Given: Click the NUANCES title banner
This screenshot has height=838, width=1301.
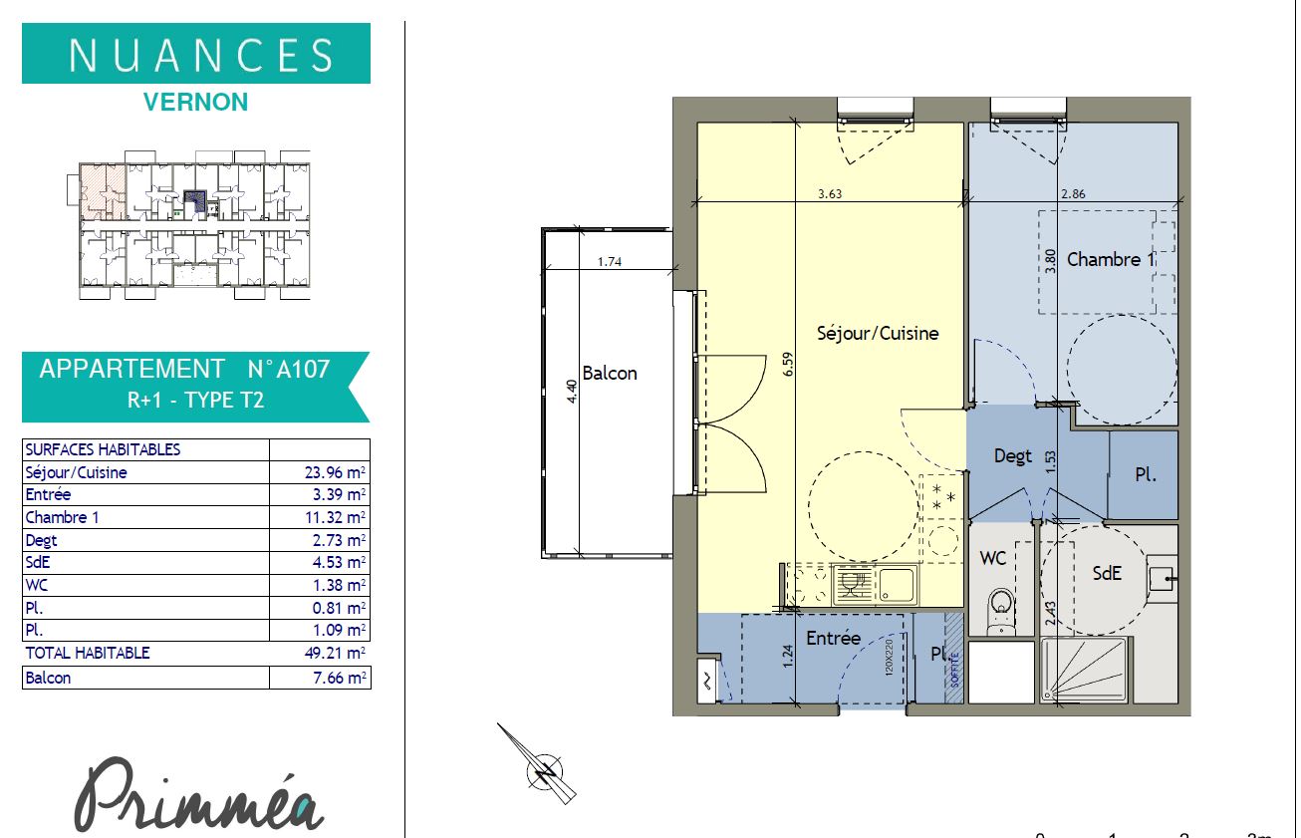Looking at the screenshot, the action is [x=196, y=54].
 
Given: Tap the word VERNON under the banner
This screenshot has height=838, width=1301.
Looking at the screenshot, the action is [x=195, y=103].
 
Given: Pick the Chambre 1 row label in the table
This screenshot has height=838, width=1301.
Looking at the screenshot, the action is [x=62, y=517].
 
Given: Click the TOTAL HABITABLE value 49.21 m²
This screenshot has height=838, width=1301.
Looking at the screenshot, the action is [x=335, y=653].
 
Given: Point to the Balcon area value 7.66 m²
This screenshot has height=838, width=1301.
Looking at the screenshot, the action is [x=340, y=678].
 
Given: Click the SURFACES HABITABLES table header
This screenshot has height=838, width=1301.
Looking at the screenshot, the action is [x=103, y=449].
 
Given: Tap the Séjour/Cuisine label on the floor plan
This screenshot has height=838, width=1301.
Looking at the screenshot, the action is [x=878, y=333].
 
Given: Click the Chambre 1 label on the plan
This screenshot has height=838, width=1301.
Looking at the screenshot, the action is [x=1111, y=259].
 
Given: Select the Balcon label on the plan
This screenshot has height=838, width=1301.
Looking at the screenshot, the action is [x=610, y=373].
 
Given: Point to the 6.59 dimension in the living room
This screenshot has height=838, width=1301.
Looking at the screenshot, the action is [x=788, y=364].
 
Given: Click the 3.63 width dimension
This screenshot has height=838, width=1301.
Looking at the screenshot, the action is [x=830, y=193].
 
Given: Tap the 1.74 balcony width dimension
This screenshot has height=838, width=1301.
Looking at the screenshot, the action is [x=610, y=261].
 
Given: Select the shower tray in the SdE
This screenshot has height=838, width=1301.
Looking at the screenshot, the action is [x=1084, y=670].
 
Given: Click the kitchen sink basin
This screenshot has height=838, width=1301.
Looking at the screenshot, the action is [x=897, y=584].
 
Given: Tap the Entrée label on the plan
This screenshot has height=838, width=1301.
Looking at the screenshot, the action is [x=833, y=638].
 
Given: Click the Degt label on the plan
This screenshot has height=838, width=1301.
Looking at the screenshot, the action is [x=1013, y=456].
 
